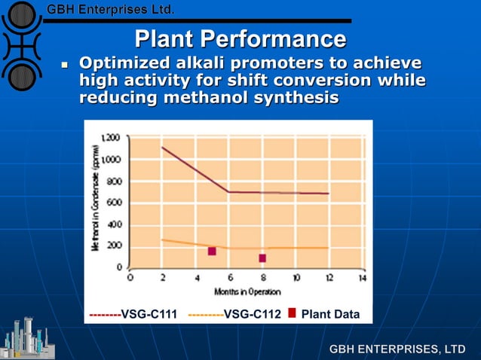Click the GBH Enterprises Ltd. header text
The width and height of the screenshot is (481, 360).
pyautogui.click(x=111, y=10)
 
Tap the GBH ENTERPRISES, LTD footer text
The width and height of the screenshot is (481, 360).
pyautogui.click(x=397, y=349)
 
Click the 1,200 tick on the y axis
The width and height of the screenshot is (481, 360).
pyautogui.click(x=111, y=138)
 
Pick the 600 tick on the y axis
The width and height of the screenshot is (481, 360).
pyautogui.click(x=114, y=203)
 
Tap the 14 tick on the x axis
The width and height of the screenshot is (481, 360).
pyautogui.click(x=362, y=277)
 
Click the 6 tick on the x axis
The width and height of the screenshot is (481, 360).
pyautogui.click(x=230, y=277)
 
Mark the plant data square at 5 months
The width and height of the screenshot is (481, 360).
pyautogui.click(x=212, y=251)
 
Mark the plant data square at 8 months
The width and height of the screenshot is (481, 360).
pyautogui.click(x=262, y=258)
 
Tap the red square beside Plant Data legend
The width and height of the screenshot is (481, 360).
pyautogui.click(x=292, y=313)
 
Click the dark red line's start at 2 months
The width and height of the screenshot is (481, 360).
pyautogui.click(x=163, y=148)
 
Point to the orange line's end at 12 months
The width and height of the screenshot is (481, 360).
pyautogui.click(x=329, y=247)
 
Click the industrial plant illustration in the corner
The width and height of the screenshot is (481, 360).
pyautogui.click(x=25, y=337)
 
